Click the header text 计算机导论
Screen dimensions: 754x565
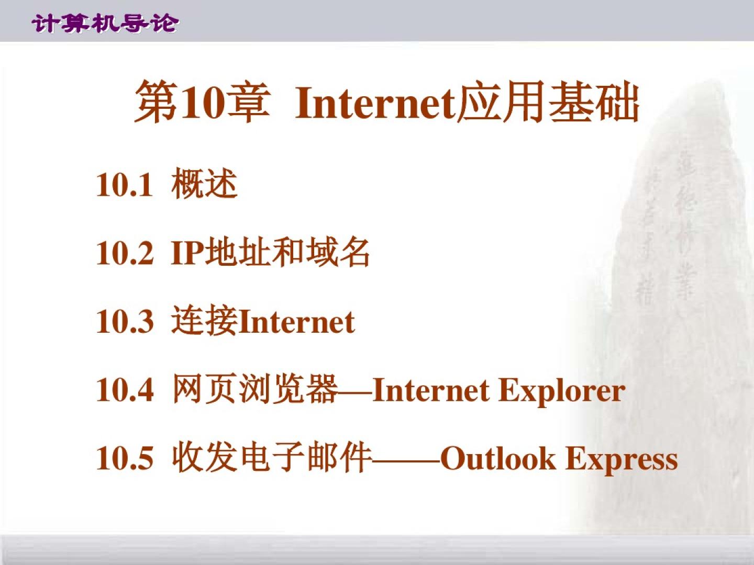pyautogui.click(x=105, y=24)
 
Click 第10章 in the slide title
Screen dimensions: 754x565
pyautogui.click(x=202, y=102)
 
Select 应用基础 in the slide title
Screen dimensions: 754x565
pyautogui.click(x=548, y=101)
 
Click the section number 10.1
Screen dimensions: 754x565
pyautogui.click(x=124, y=185)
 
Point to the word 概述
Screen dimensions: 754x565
pyautogui.click(x=204, y=184)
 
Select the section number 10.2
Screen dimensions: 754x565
pyautogui.click(x=125, y=254)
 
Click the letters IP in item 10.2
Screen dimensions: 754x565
pyautogui.click(x=188, y=254)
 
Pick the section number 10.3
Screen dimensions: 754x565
pyautogui.click(x=125, y=322)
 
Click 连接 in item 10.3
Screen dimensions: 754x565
pyautogui.click(x=205, y=321)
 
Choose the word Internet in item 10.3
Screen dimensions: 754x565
pyautogui.click(x=296, y=322)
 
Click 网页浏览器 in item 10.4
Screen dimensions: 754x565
pyautogui.click(x=254, y=389)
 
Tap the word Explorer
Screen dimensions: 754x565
pyautogui.click(x=562, y=392)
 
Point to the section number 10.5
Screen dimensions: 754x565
pyautogui.click(x=125, y=458)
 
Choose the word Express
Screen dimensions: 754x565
pyautogui.click(x=622, y=460)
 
